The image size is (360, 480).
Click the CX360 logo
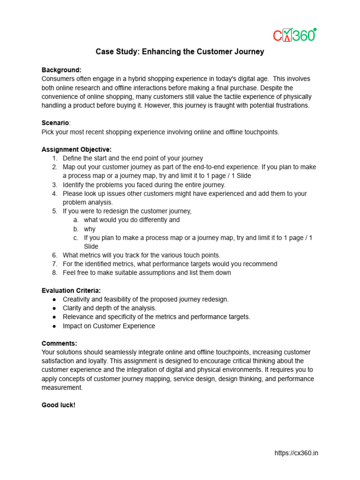coord(294,35)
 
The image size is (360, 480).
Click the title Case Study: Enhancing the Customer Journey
coord(180,52)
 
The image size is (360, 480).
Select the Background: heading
coord(61,70)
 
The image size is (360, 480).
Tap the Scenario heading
coord(55,123)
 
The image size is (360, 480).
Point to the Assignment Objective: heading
coord(76,150)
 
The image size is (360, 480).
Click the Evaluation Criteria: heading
coord(71,290)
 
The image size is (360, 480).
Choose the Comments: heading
coord(60,343)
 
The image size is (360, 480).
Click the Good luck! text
coord(58,405)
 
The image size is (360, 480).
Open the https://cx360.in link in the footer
coord(296,453)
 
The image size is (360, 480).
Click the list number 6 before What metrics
coord(54,255)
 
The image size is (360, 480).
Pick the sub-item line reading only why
coord(90,229)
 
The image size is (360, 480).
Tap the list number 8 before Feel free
coord(54,273)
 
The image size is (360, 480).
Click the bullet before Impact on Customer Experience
coord(54,326)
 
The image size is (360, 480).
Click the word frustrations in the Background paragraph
coord(290,105)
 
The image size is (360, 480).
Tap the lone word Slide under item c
coord(91,246)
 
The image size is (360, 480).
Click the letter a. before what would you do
coord(76,220)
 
